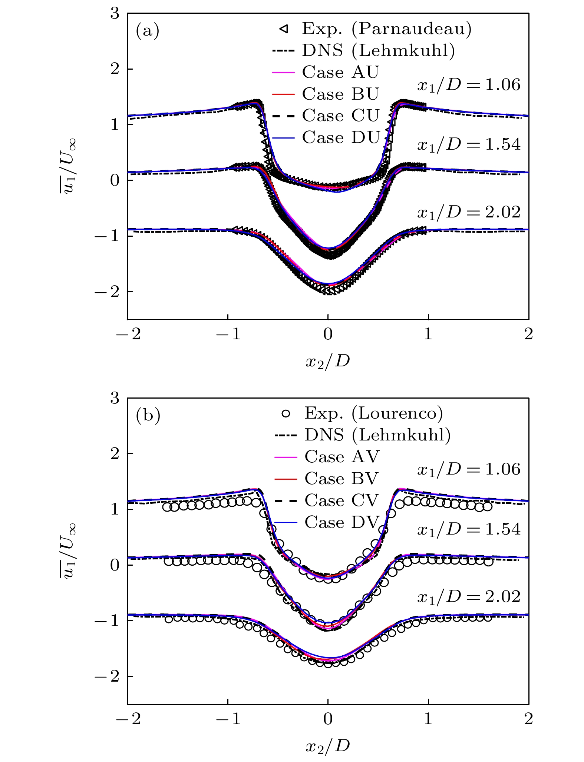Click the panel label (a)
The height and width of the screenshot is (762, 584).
coord(148,31)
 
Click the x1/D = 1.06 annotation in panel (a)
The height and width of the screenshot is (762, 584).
coord(469,85)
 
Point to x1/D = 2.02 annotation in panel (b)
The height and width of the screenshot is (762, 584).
coord(469,597)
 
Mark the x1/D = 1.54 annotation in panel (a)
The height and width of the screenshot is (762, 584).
coord(469,144)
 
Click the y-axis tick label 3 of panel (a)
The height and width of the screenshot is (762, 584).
coord(115,14)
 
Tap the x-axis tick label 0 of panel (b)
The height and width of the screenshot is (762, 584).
coord(328,719)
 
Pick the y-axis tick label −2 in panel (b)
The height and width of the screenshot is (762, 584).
coord(106,676)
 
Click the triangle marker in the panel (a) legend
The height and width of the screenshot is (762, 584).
coord(284,29)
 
